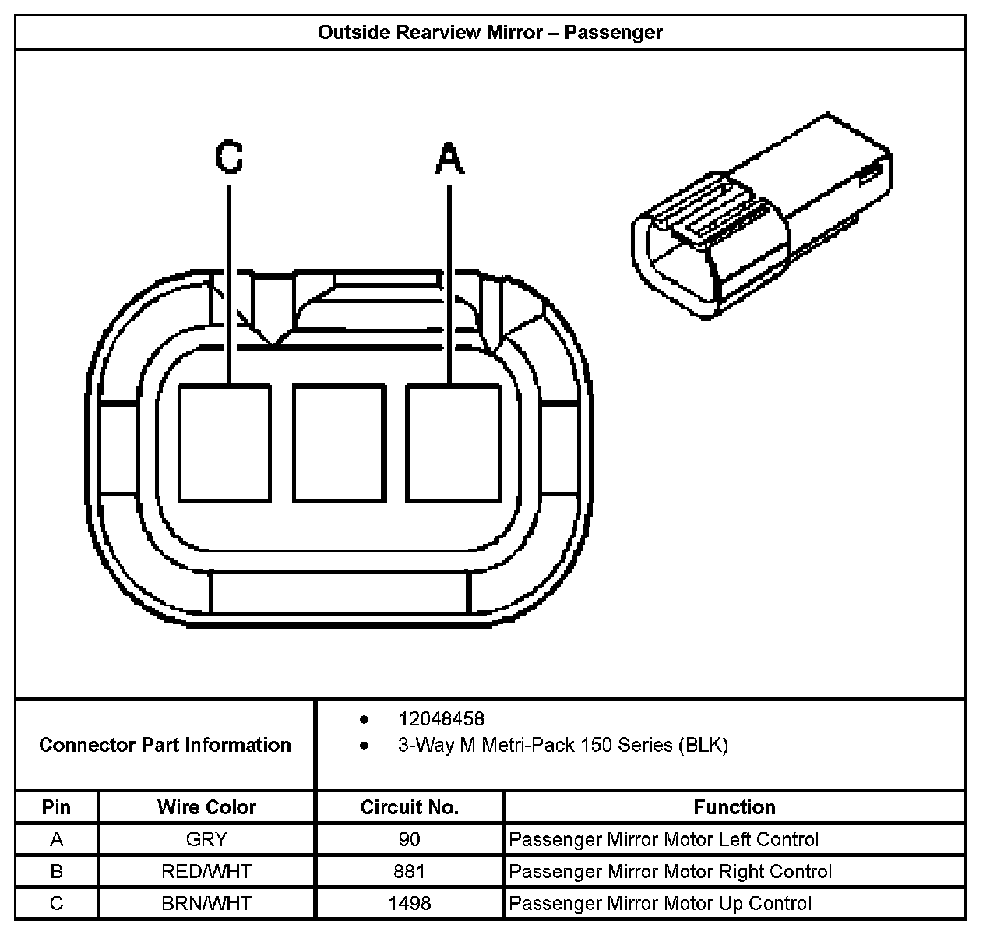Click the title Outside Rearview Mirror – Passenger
click(x=490, y=32)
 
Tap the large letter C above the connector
click(x=229, y=157)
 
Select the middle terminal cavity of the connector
click(x=339, y=443)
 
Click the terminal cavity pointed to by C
click(x=225, y=443)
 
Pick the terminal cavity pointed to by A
click(x=453, y=443)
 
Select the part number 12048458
click(x=441, y=718)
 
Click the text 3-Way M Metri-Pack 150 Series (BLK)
click(x=562, y=745)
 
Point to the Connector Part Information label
click(x=165, y=745)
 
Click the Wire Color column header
click(x=206, y=807)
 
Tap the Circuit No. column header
click(x=409, y=807)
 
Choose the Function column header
click(x=734, y=807)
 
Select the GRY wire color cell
click(x=206, y=839)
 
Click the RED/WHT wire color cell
click(x=206, y=871)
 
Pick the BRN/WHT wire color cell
click(x=206, y=903)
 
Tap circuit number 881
click(x=409, y=871)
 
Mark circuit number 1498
click(x=409, y=903)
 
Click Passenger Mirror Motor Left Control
click(x=663, y=839)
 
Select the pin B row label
click(x=56, y=871)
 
